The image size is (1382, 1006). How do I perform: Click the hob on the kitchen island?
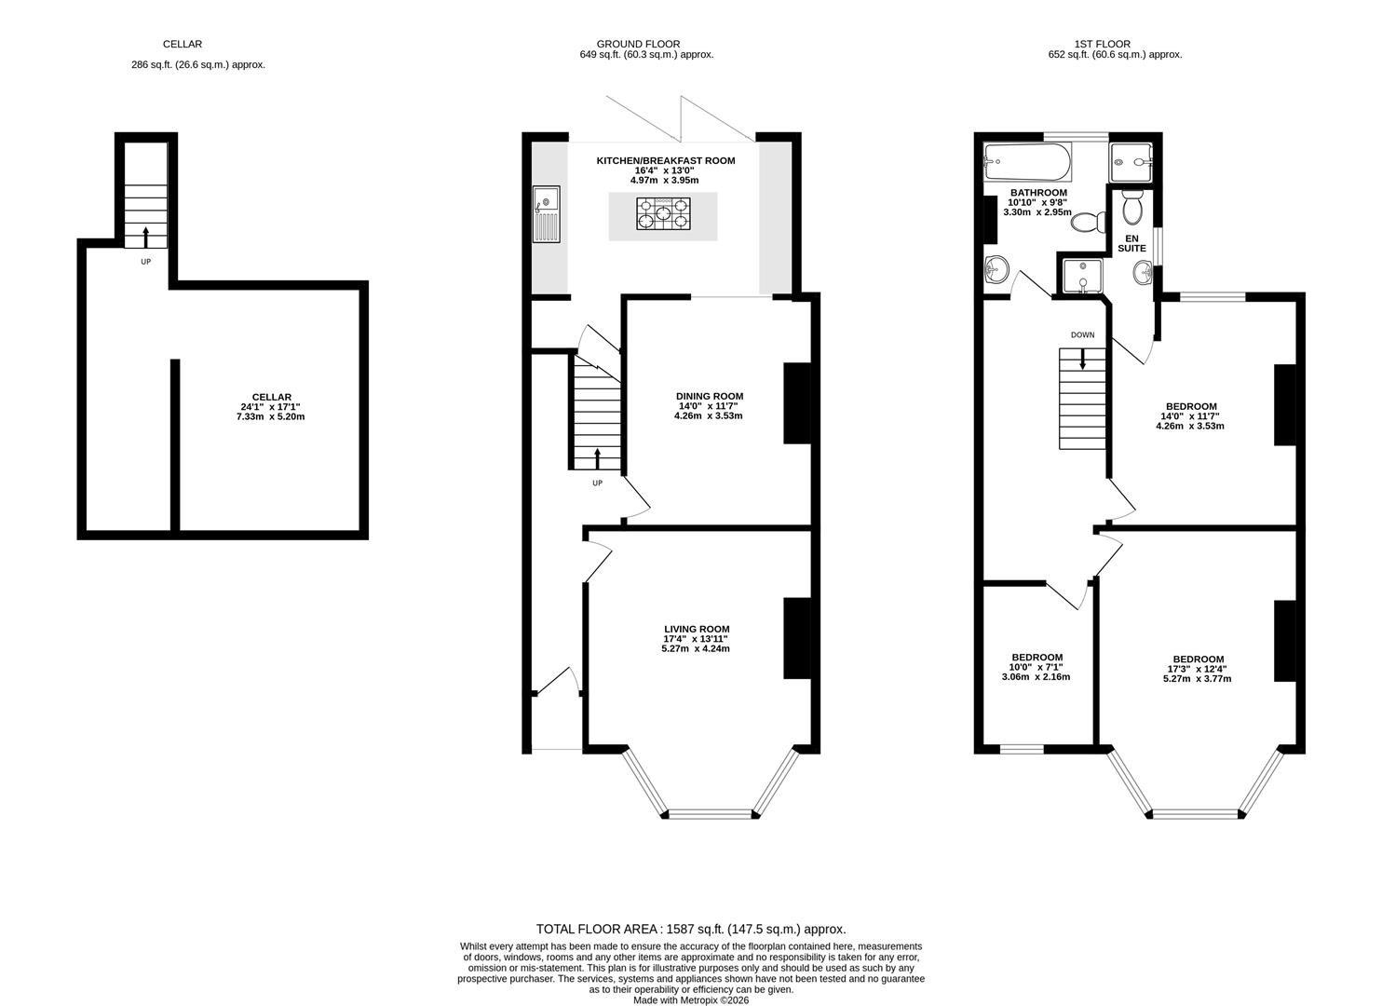click(663, 215)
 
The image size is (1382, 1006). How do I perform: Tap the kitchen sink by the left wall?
click(547, 215)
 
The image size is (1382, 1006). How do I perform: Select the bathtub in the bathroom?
click(1028, 164)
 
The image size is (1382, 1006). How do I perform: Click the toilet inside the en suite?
click(1132, 208)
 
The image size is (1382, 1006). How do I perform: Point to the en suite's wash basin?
click(1142, 273)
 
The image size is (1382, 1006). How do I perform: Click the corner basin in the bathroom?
click(996, 270)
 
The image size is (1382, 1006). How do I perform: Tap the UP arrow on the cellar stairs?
click(145, 236)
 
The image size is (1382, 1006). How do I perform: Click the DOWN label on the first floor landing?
click(1082, 334)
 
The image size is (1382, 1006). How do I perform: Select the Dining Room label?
click(709, 396)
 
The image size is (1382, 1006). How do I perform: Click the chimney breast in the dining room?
click(798, 402)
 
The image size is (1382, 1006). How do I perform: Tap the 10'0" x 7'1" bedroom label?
click(1037, 667)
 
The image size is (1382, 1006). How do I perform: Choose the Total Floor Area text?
click(690, 929)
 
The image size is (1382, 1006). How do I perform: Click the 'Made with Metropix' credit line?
click(690, 1000)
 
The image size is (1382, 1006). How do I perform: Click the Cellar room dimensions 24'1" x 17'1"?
click(270, 407)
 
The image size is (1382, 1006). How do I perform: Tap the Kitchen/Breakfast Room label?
click(665, 160)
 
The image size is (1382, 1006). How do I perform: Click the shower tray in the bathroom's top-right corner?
click(1131, 163)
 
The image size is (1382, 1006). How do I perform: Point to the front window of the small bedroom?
click(1021, 748)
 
